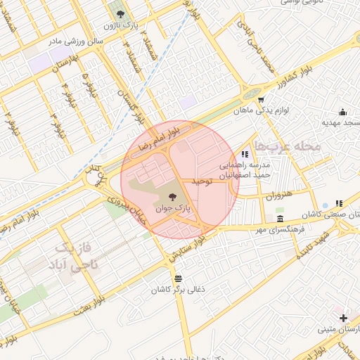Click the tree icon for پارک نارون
tap(117, 13)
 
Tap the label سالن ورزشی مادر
tap(75, 41)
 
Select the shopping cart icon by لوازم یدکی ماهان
tap(261, 99)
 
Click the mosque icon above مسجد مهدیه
tap(342, 111)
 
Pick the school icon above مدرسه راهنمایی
tap(244, 154)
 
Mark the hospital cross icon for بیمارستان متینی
tap(342, 319)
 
